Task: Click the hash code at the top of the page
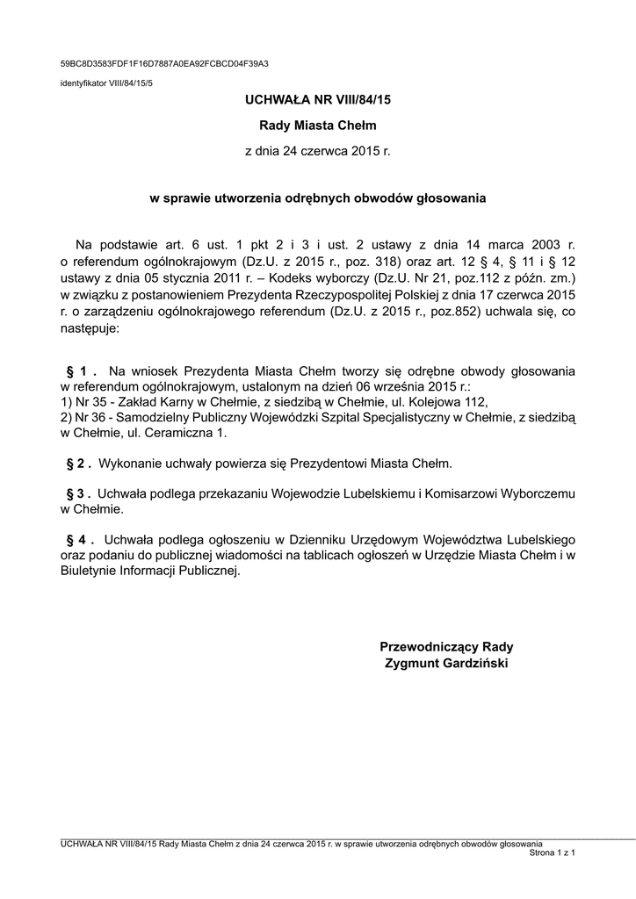164,64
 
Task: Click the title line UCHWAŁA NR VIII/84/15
317,101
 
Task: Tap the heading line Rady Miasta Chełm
317,126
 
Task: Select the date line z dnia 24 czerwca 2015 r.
317,152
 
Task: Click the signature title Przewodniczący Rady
446,647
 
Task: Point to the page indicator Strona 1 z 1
552,852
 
